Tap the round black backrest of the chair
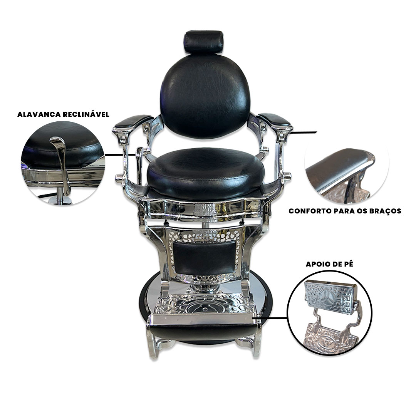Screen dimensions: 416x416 pyautogui.click(x=205, y=96)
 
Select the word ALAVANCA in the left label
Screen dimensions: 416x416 pyautogui.click(x=39, y=114)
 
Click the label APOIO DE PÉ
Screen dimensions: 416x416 pyautogui.click(x=329, y=265)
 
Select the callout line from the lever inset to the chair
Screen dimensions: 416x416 pyautogui.click(x=121, y=154)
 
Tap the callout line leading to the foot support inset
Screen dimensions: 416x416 pyautogui.click(x=270, y=317)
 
